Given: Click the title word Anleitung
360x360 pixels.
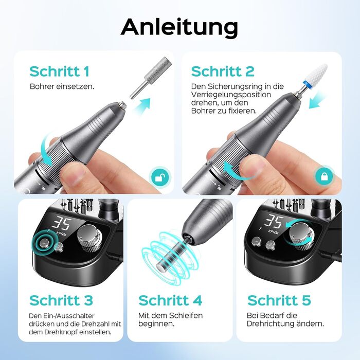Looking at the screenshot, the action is click(x=179, y=28).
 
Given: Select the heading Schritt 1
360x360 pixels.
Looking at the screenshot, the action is click(x=59, y=71).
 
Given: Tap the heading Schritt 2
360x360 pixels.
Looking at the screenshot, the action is click(x=223, y=71).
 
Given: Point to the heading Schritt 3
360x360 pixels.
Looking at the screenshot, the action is click(x=61, y=300).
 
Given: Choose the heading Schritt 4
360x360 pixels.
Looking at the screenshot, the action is click(x=170, y=300).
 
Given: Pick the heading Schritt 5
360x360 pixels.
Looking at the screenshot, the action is click(x=279, y=300).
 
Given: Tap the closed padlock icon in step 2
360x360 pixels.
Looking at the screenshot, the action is click(x=323, y=176).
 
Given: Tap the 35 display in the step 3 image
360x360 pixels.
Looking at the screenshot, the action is click(x=62, y=223).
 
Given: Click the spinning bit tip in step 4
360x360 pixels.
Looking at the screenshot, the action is click(x=160, y=266).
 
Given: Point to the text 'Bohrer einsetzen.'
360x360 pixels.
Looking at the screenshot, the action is click(x=62, y=86).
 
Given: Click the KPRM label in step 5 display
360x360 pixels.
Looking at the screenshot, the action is click(x=273, y=232).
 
